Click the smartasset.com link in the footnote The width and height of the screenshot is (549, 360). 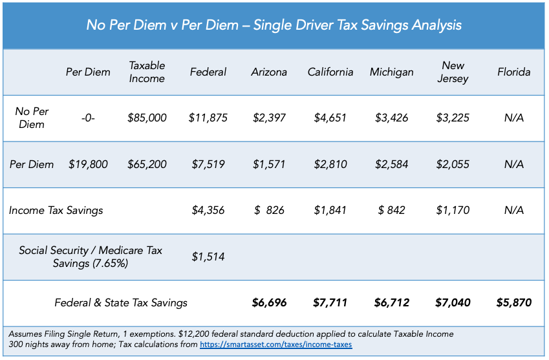coord(276,344)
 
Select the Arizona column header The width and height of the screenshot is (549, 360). coord(269,72)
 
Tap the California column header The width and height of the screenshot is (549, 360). coord(330,72)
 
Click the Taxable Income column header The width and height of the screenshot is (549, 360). coord(147,72)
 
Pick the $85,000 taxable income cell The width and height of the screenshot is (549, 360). coord(147,118)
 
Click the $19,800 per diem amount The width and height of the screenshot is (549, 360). coord(88,164)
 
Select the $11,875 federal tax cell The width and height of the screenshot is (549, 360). coord(208,118)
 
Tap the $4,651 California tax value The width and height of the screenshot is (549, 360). coord(330,118)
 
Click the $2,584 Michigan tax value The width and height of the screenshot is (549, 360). coord(391,164)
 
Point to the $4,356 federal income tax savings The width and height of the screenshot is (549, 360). coord(208,210)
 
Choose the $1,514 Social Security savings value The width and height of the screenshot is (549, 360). coord(208,257)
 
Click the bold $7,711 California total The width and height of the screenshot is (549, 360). coord(330,302)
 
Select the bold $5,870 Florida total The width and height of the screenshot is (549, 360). coord(514,302)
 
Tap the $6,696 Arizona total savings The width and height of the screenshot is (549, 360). coord(269,302)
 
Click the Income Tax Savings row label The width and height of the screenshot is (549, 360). coord(56,210)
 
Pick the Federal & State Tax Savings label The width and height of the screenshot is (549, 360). coord(121,302)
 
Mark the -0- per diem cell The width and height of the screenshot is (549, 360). coord(88,118)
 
